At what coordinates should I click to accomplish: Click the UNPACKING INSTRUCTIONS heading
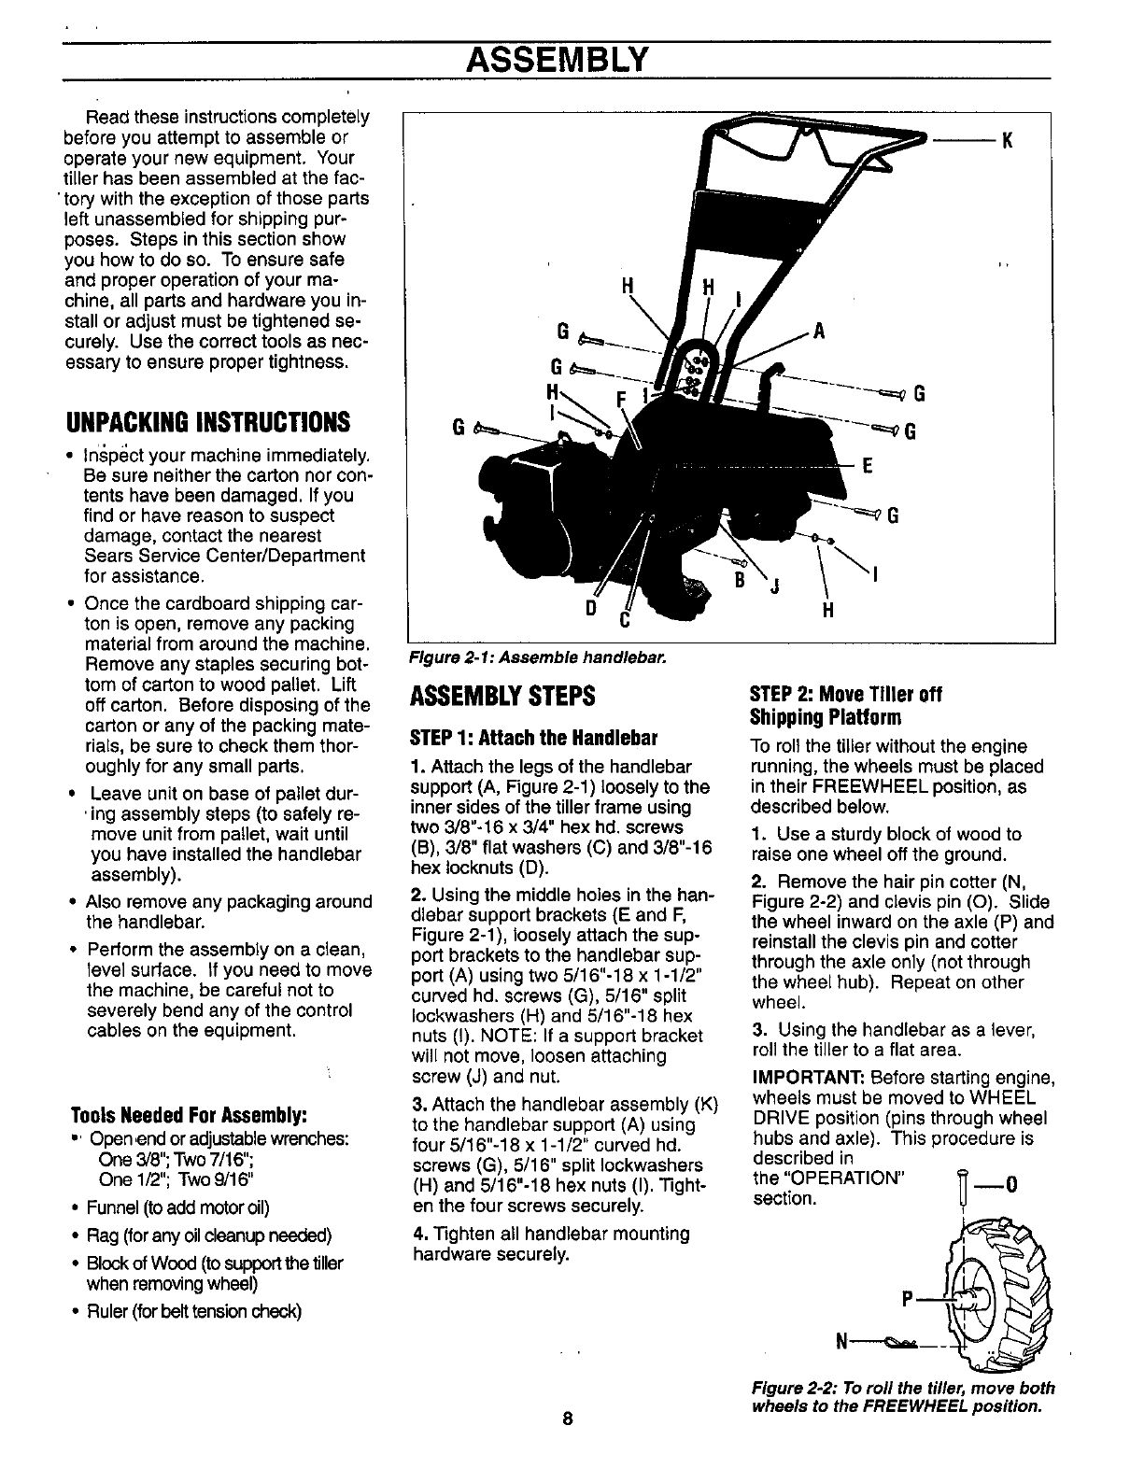pyautogui.click(x=211, y=422)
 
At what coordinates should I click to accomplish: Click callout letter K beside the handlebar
pyautogui.click(x=1008, y=143)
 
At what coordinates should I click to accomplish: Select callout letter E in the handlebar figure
pyautogui.click(x=867, y=467)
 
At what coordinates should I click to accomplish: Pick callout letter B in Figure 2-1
pyautogui.click(x=738, y=578)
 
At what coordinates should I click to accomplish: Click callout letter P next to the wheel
pyautogui.click(x=906, y=1297)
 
